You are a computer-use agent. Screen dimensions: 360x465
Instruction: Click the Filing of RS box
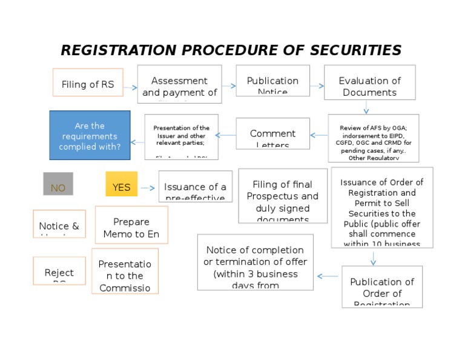pyautogui.click(x=88, y=83)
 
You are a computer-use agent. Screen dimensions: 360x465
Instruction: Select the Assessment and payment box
pyautogui.click(x=179, y=84)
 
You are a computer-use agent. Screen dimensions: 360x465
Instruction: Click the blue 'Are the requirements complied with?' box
pyautogui.click(x=90, y=135)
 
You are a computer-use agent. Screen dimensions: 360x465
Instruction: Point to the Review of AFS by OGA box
pyautogui.click(x=373, y=138)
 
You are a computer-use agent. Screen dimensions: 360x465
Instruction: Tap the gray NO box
pyautogui.click(x=58, y=184)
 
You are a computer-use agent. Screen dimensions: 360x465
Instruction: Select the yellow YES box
pyautogui.click(x=121, y=184)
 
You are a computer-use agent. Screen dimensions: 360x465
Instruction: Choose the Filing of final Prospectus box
pyautogui.click(x=283, y=196)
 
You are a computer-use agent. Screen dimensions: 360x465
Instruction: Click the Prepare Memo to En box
pyautogui.click(x=131, y=225)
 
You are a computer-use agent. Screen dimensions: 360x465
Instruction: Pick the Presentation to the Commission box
pyautogui.click(x=125, y=271)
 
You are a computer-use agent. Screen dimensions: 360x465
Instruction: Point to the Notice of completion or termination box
pyautogui.click(x=255, y=262)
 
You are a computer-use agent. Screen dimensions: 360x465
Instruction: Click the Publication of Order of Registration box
pyautogui.click(x=382, y=287)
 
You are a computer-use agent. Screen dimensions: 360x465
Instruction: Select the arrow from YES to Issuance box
pyautogui.click(x=148, y=188)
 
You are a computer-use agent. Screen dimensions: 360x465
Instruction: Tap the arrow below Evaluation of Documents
pyautogui.click(x=366, y=107)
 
